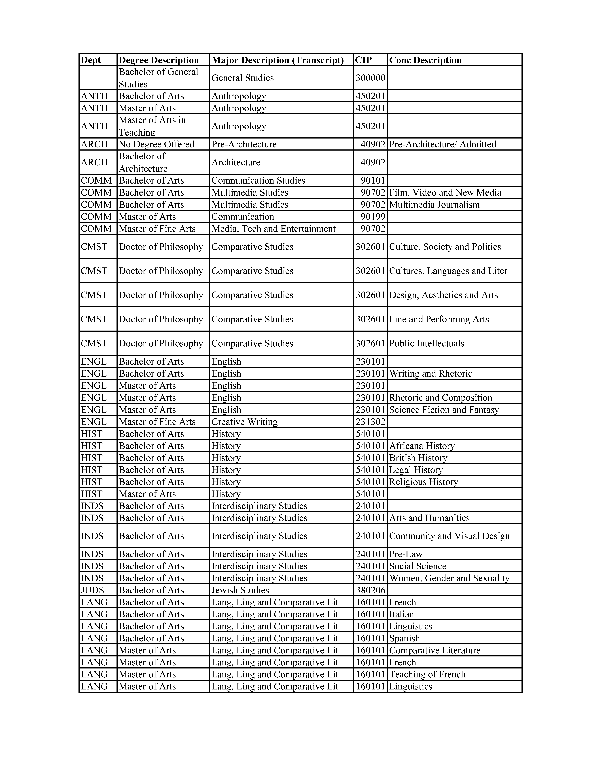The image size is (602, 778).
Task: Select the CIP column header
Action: click(363, 60)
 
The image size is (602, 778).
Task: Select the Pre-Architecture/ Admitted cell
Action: click(443, 144)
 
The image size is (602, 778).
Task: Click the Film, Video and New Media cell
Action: click(445, 193)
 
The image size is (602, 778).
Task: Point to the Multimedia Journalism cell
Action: click(434, 205)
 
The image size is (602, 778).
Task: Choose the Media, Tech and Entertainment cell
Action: click(273, 229)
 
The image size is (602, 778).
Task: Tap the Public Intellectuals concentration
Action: click(427, 343)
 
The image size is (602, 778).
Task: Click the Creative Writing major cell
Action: click(245, 422)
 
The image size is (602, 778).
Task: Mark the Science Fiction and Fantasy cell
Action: click(444, 410)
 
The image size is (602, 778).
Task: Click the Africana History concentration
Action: click(422, 446)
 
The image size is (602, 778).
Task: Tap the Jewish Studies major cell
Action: click(240, 590)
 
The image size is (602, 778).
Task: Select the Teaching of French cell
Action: click(427, 674)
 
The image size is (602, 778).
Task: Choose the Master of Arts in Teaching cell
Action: click(152, 126)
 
